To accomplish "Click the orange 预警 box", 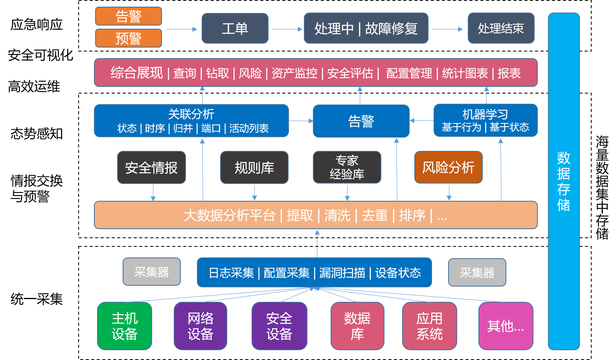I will coord(129,39).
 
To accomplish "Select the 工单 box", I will coord(235,29).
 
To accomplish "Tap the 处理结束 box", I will coord(501,29).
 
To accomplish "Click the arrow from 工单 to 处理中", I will coord(286,29).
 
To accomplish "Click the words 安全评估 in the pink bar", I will coord(350,73).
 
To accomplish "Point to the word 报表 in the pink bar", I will coord(509,73).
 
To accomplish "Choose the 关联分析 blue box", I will coord(191,121).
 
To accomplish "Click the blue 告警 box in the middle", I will coord(361,121).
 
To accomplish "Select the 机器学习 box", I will coord(485,120).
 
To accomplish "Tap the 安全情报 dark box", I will coord(151,168).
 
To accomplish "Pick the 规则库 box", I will coord(254,168).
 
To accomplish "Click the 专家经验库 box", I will coord(347,167).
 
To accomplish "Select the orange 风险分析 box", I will coord(448,167).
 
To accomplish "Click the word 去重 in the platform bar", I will coord(375,215).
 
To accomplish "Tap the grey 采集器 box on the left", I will coord(152,272).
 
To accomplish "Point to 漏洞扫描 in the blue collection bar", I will coord(342,273).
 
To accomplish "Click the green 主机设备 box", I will coord(125,326).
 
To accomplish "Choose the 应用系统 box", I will coord(429,326).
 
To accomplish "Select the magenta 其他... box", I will coord(506,326).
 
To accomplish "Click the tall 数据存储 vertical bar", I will coord(563,181).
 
